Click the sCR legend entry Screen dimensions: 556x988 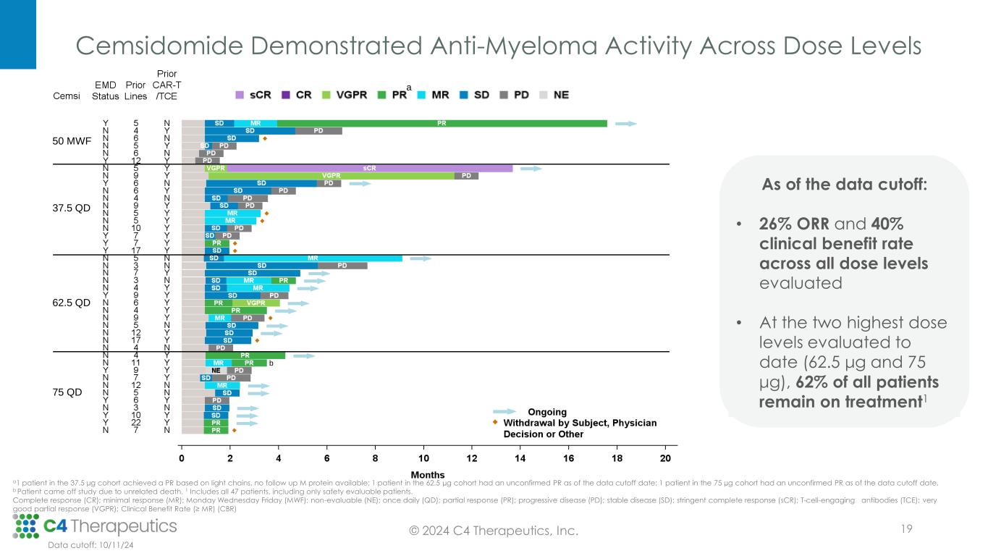tap(255, 95)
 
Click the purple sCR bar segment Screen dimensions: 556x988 tap(369, 168)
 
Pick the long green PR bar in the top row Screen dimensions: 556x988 tap(442, 123)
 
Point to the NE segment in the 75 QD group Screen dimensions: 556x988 tap(216, 370)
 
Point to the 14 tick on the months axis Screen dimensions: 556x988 tap(520, 458)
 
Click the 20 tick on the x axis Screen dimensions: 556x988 tap(666, 458)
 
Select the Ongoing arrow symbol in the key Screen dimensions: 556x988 tap(505, 412)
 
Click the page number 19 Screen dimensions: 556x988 tap(905, 530)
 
